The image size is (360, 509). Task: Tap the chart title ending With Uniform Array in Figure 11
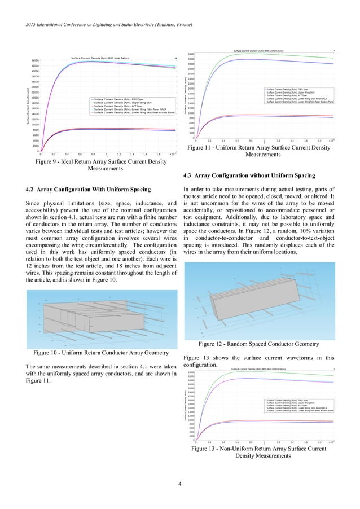(x=257, y=51)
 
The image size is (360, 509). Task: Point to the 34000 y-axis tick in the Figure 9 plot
(x=34, y=60)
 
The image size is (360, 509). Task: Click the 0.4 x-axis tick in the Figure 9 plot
(x=67, y=154)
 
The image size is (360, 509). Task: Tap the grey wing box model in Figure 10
(x=85, y=316)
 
